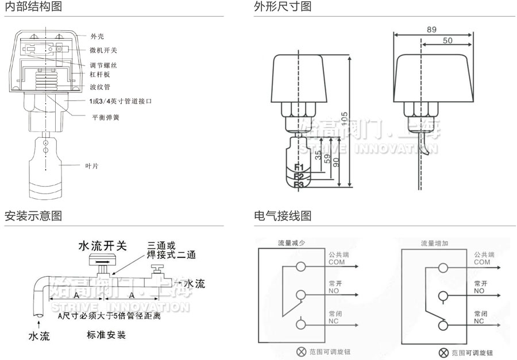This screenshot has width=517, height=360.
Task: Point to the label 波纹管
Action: (100, 87)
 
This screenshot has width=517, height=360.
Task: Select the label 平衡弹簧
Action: (106, 117)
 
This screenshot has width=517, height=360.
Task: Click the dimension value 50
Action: (448, 41)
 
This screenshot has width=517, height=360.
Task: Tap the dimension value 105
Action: (344, 118)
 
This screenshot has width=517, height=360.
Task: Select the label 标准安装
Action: (106, 335)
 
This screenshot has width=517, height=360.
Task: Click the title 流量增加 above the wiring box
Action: (434, 243)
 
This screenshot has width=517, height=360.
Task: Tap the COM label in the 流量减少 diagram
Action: (337, 261)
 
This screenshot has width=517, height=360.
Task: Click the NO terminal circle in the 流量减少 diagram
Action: (300, 296)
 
